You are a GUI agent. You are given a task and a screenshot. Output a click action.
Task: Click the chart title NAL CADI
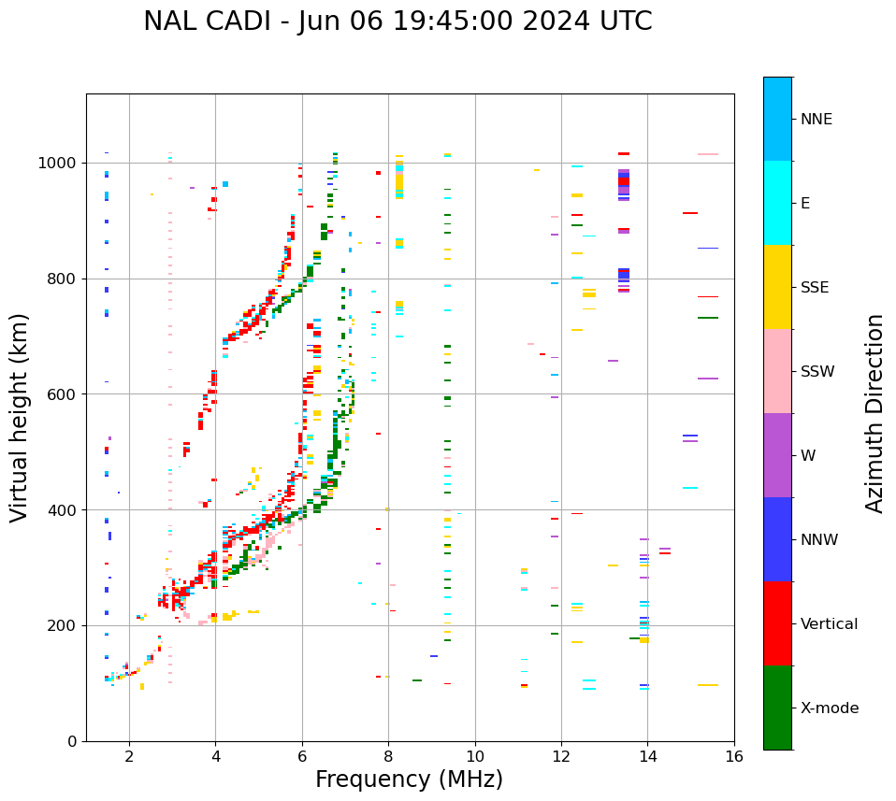397,21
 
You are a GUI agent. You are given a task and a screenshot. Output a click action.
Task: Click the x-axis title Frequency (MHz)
409,780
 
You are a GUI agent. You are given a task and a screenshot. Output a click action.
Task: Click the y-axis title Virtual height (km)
20,418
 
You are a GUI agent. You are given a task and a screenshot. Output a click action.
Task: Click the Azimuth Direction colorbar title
874,413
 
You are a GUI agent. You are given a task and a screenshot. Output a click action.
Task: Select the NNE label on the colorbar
816,120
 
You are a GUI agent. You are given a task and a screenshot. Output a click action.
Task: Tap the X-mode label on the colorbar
829,708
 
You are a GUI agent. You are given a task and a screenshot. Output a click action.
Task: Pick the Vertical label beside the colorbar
829,624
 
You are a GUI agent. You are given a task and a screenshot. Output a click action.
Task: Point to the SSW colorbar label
817,372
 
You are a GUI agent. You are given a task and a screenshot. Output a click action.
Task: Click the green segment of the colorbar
777,708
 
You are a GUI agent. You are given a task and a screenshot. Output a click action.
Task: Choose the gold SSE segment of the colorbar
777,287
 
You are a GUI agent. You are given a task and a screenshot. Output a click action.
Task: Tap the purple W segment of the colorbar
777,455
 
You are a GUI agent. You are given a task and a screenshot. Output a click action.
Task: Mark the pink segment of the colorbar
777,371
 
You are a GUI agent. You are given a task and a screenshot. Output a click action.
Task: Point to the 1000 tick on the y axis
58,163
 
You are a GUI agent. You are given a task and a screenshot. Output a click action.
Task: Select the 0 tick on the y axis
72,741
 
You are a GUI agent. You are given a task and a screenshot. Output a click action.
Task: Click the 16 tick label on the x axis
734,757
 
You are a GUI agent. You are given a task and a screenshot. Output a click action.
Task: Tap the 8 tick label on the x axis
388,757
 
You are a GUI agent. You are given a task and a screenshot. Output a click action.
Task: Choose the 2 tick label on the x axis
129,757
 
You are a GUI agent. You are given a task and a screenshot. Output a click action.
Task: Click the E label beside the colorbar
805,204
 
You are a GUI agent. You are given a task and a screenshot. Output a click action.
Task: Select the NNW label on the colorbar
818,540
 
